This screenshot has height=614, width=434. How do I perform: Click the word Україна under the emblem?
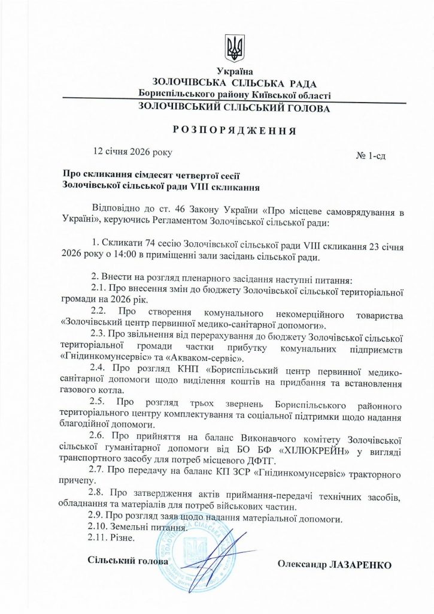(x=234, y=71)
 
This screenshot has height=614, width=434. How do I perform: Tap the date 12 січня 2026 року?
(x=133, y=152)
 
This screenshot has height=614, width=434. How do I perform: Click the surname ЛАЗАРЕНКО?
(x=360, y=565)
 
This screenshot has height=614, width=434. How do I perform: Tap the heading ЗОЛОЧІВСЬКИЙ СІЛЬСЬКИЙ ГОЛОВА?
(x=233, y=108)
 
